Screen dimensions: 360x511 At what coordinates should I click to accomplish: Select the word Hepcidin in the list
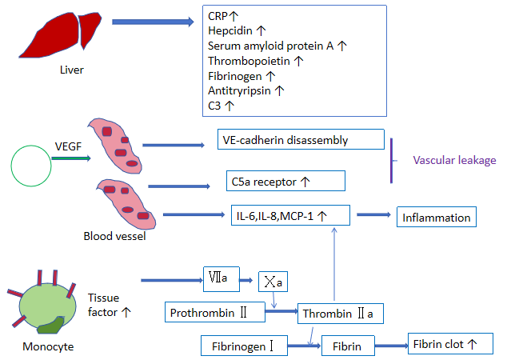[x=230, y=31]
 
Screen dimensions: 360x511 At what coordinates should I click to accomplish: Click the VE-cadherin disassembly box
[x=301, y=140]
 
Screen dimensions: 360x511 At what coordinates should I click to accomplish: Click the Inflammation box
[x=436, y=216]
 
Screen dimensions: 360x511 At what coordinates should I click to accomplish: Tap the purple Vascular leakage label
[x=454, y=160]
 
